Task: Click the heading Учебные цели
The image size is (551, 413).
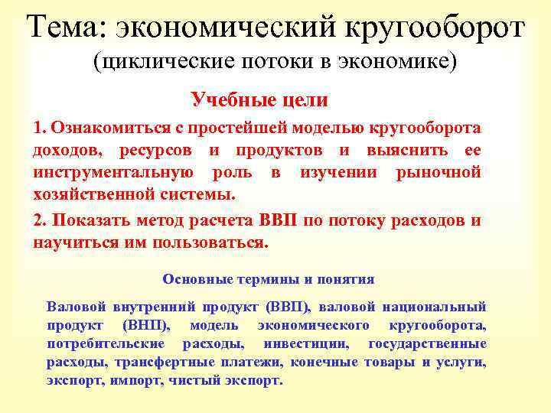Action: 259,100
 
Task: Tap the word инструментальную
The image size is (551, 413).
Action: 108,172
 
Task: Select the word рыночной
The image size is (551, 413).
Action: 439,172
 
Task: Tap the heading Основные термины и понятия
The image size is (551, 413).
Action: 269,280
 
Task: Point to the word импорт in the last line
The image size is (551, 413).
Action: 134,380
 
